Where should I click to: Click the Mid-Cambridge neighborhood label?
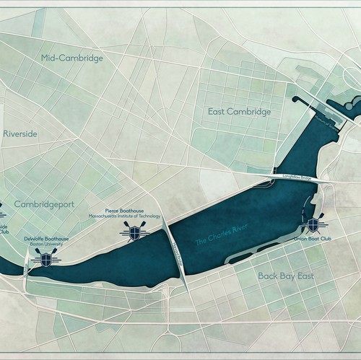coord(72,57)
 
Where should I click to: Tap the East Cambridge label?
coord(239,112)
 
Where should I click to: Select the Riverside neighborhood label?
coord(19,133)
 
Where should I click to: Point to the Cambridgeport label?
coord(44,204)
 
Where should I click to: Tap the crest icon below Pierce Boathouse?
coord(132,231)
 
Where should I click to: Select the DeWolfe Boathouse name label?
coord(46,238)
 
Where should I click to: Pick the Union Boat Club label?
coord(311,237)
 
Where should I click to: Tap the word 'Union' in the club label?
coord(302,237)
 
